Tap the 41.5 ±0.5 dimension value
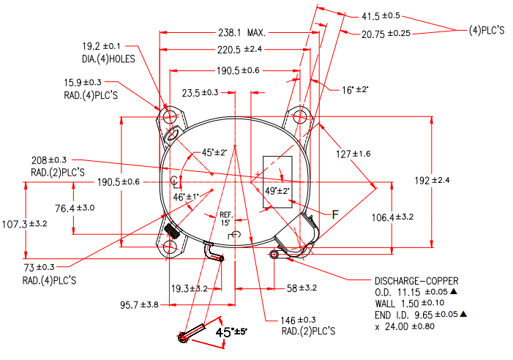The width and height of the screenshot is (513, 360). (x=381, y=15)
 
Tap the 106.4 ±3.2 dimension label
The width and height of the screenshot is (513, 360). (x=394, y=217)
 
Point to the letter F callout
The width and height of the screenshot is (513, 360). (x=335, y=214)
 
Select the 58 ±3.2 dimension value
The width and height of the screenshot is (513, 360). (x=302, y=289)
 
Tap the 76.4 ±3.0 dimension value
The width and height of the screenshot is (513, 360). (x=76, y=209)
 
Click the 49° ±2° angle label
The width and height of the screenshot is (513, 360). (x=277, y=191)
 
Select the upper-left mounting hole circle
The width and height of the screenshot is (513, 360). (x=171, y=116)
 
